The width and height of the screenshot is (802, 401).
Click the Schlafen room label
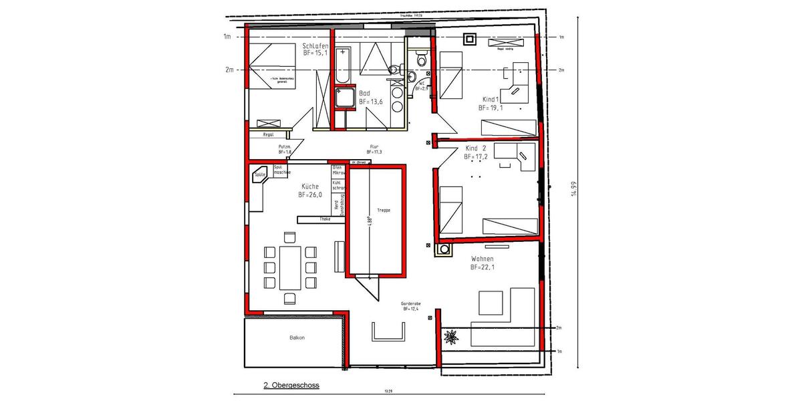click(315, 45)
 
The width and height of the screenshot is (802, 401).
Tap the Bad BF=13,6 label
click(370, 98)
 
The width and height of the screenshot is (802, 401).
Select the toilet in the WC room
click(420, 59)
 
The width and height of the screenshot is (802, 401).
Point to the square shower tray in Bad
click(345, 100)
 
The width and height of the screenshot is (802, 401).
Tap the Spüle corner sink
click(259, 175)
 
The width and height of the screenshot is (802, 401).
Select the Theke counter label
click(325, 219)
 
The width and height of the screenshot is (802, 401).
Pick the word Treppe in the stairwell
click(383, 211)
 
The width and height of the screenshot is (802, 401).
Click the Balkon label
click(297, 338)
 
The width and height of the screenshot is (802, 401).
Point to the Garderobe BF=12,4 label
click(410, 305)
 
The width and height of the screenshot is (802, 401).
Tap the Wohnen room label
click(482, 263)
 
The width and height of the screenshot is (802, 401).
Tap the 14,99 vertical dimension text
click(573, 190)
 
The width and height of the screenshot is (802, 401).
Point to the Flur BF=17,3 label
click(374, 149)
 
